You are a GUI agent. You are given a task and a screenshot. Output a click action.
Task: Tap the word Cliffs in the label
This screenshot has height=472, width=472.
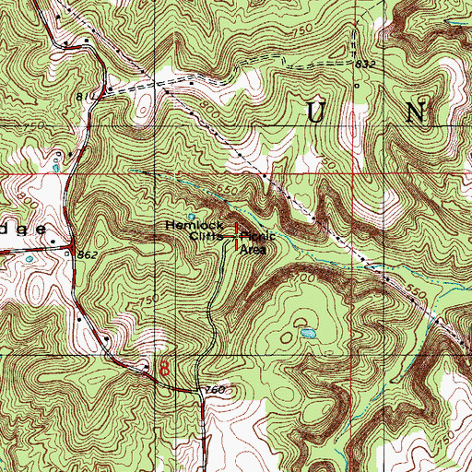(x=205, y=236)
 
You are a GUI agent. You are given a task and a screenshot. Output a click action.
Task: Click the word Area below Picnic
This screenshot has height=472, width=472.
(x=254, y=248)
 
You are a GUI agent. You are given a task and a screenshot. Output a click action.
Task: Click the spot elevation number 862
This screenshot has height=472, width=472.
(x=88, y=253)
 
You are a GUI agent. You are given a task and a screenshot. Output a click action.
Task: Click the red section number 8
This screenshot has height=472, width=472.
(x=164, y=367)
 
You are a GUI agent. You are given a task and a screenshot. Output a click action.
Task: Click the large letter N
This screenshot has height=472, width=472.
(x=416, y=113)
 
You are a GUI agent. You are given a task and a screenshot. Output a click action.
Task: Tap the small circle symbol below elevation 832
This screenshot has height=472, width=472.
(x=356, y=86)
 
